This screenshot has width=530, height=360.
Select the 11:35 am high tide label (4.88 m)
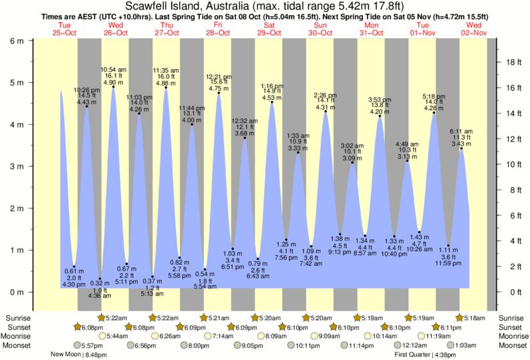tap(166, 76)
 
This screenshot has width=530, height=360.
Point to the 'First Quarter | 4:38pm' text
tap(422, 354)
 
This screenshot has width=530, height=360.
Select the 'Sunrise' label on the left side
tap(17, 318)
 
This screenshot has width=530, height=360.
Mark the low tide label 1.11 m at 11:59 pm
tap(449, 257)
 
